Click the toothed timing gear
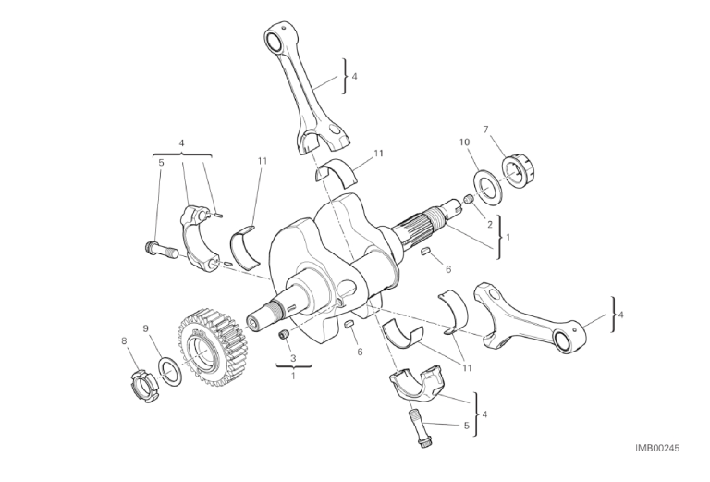pyautogui.click(x=211, y=348)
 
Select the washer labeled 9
pyautogui.click(x=170, y=372)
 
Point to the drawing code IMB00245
pyautogui.click(x=657, y=448)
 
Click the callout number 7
pyautogui.click(x=486, y=130)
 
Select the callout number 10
pyautogui.click(x=465, y=142)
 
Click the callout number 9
pyautogui.click(x=145, y=328)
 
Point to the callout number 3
pyautogui.click(x=293, y=358)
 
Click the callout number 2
pyautogui.click(x=489, y=224)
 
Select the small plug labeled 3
pyautogui.click(x=285, y=335)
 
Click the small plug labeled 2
pyautogui.click(x=469, y=198)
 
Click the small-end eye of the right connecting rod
pyautogui.click(x=563, y=340)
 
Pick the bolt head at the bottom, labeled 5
pyautogui.click(x=424, y=441)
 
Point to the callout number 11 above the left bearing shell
pyautogui.click(x=263, y=161)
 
